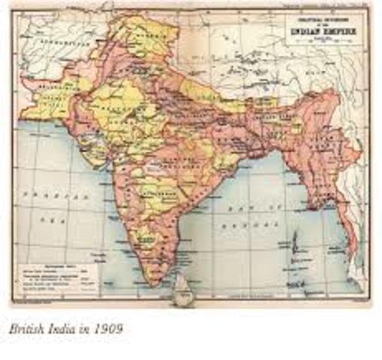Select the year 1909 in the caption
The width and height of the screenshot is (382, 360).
tap(108, 327)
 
